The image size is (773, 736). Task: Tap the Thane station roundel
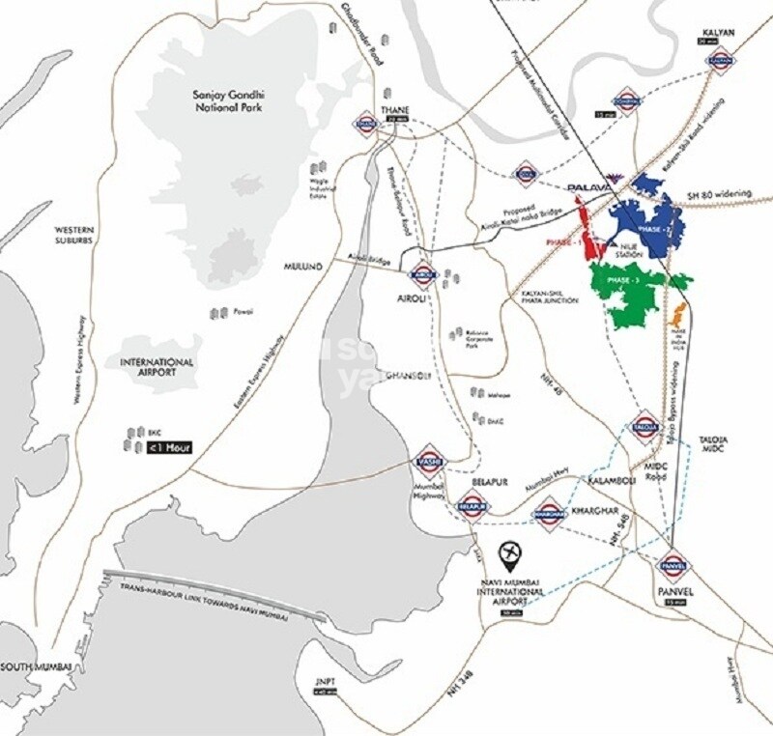366,124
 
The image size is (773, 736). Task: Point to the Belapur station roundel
472,505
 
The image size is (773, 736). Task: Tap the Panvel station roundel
673,563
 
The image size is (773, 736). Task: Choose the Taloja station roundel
645,425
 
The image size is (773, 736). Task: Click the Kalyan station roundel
717,60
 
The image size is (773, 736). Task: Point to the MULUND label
302,265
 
